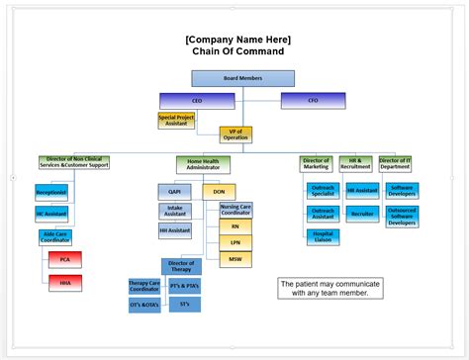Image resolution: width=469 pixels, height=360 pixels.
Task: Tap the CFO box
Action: click(313, 100)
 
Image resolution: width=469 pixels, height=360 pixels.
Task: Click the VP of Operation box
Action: click(236, 135)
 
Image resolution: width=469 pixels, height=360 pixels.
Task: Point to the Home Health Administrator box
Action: click(203, 164)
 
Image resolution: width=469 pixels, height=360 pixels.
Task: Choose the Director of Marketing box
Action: click(316, 164)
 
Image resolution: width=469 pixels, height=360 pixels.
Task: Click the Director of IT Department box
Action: click(395, 164)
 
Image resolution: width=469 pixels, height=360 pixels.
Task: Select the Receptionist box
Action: click(51, 192)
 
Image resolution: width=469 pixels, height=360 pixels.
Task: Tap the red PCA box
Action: click(65, 260)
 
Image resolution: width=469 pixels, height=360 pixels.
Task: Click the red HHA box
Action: click(65, 283)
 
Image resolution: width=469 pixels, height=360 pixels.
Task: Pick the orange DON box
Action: click(219, 191)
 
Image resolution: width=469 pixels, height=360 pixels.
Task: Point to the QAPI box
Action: click(174, 191)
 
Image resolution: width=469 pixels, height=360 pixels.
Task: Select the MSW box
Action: click(235, 258)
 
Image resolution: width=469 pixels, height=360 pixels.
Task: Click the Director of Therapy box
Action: click(181, 266)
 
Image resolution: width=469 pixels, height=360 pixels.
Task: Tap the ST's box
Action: click(185, 305)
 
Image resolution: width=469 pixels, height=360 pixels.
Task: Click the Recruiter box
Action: click(362, 213)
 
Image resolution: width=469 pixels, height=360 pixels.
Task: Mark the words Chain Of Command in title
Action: click(237, 51)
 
